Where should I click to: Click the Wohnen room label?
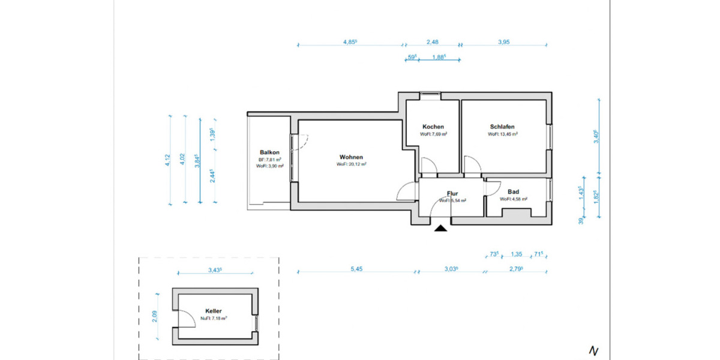351,157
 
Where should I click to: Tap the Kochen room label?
433,127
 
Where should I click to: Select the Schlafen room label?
502,127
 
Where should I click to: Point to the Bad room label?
513,191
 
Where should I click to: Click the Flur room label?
452,194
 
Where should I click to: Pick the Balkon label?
269,152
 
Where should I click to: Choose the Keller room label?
214,311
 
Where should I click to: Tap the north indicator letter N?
593,350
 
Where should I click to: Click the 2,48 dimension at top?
433,42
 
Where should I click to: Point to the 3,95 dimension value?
503,42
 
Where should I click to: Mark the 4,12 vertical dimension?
168,160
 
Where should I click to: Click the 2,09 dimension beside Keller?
154,316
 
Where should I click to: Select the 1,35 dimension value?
516,254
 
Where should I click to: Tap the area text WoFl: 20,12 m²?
351,164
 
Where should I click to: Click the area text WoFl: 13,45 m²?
502,134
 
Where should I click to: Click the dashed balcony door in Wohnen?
302,142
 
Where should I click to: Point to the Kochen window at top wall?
429,93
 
